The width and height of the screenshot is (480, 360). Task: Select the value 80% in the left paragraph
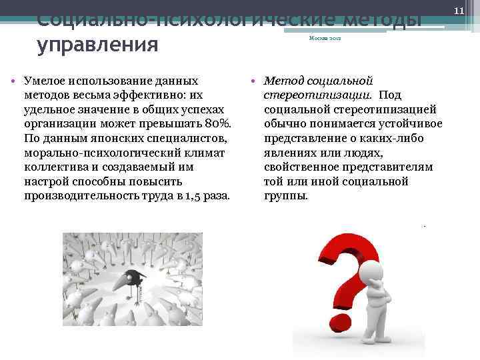[217, 123]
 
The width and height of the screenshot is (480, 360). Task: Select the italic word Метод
[283, 80]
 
